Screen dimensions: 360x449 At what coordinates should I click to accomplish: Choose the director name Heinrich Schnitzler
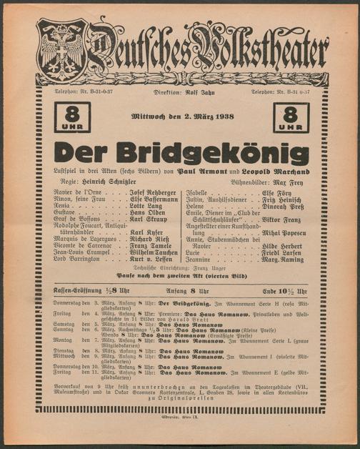tap(116, 183)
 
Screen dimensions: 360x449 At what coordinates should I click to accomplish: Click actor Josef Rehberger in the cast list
tap(153, 194)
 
